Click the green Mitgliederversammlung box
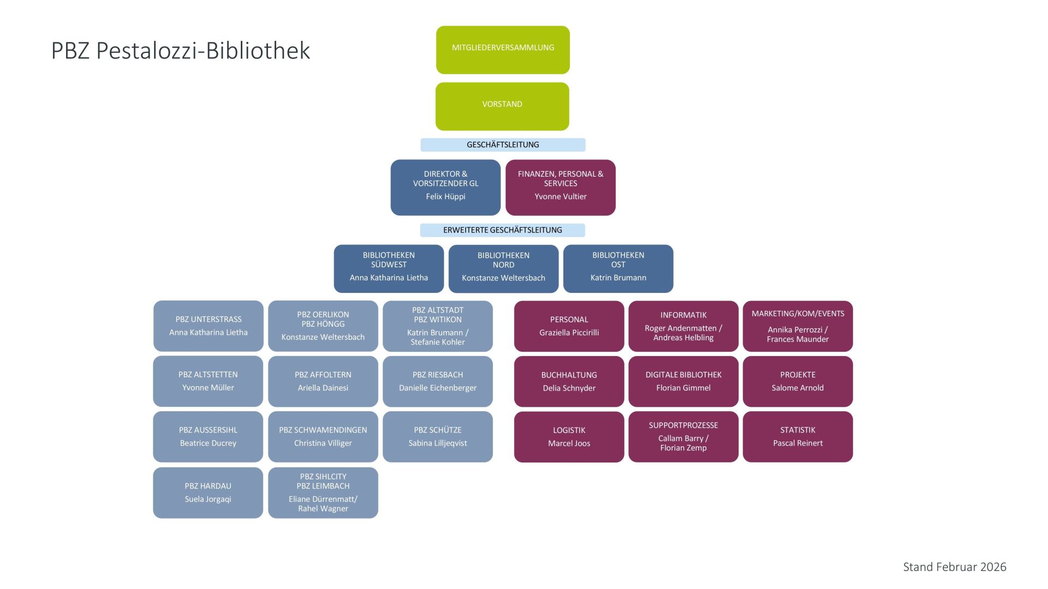[503, 50]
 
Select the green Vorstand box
[502, 106]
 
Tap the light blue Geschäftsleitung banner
[503, 145]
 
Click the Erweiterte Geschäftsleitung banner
[502, 230]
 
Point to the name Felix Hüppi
[445, 196]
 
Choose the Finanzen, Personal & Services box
[560, 187]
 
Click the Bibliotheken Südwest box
[389, 268]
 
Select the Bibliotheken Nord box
[503, 268]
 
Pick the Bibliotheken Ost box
[618, 268]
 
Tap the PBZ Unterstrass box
[208, 326]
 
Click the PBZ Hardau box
[208, 492]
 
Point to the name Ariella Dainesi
[323, 388]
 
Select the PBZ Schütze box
[437, 436]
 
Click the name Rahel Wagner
[323, 509]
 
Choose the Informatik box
[683, 326]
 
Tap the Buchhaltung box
[569, 381]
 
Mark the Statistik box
[797, 436]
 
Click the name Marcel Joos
[569, 443]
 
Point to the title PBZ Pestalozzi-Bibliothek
[181, 51]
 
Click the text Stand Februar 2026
[954, 567]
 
